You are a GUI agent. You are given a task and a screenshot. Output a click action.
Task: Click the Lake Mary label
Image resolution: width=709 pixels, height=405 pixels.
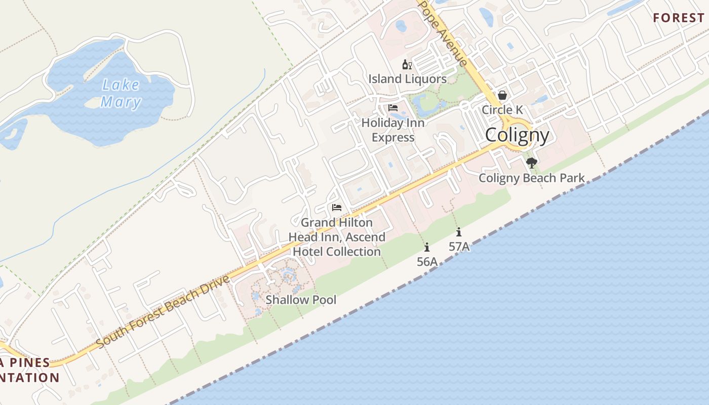coord(121,94)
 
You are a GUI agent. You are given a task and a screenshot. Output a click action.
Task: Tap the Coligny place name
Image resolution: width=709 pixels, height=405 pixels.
coord(517,135)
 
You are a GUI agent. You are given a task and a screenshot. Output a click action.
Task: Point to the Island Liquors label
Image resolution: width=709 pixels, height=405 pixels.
coord(407,79)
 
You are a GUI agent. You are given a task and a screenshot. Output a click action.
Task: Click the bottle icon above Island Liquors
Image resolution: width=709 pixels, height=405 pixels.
coord(407,64)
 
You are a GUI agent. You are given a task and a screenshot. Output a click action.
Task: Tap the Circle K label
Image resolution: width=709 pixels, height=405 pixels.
coord(502,110)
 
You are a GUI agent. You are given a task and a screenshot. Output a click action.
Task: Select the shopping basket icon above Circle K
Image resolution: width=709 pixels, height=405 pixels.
coord(502,95)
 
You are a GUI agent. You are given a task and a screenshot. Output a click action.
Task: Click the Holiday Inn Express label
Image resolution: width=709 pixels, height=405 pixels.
coord(393,130)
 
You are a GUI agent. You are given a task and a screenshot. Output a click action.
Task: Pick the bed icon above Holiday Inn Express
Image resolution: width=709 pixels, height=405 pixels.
coord(393,108)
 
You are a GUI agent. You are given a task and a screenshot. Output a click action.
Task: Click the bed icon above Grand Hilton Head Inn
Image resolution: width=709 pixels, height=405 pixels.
coord(337,208)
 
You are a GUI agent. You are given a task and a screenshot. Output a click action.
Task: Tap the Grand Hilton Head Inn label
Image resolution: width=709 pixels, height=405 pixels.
coord(337,237)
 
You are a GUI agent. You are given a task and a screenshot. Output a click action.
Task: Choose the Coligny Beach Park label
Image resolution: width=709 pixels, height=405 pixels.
coord(532,178)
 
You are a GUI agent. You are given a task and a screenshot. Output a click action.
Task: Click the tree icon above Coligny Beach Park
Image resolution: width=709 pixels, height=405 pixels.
coord(531,163)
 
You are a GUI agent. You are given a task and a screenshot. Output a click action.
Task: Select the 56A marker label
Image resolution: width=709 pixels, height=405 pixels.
coord(427,262)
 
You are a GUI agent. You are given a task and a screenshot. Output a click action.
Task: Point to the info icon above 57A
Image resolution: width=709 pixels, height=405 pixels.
coord(459,232)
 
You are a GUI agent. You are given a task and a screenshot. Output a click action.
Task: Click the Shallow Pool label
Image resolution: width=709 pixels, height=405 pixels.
coord(301,300)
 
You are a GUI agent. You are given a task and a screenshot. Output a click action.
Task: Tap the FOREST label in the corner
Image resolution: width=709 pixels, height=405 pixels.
coord(678,18)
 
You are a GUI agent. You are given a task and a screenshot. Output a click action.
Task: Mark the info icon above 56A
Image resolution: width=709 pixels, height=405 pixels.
coord(427,247)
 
